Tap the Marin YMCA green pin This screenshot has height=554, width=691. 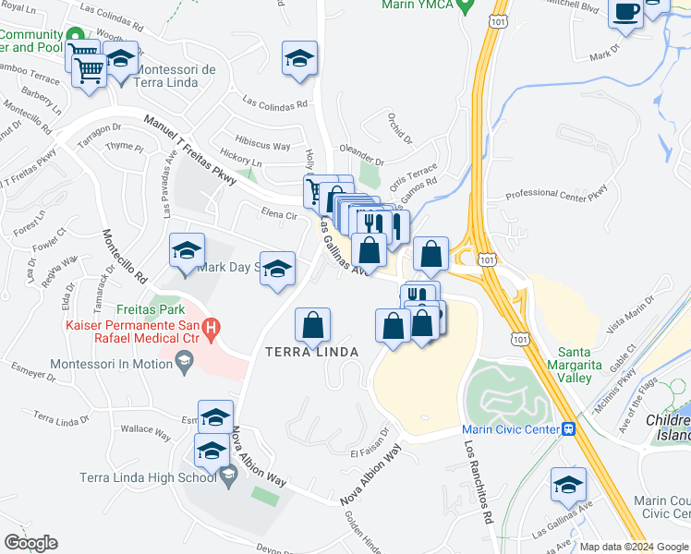point(467,6)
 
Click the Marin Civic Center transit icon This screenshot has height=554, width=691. point(570,429)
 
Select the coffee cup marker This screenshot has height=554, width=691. point(626,14)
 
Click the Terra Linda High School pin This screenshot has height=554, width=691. point(228,476)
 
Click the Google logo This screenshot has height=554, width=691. point(30,543)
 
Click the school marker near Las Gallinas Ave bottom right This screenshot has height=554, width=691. point(568,484)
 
